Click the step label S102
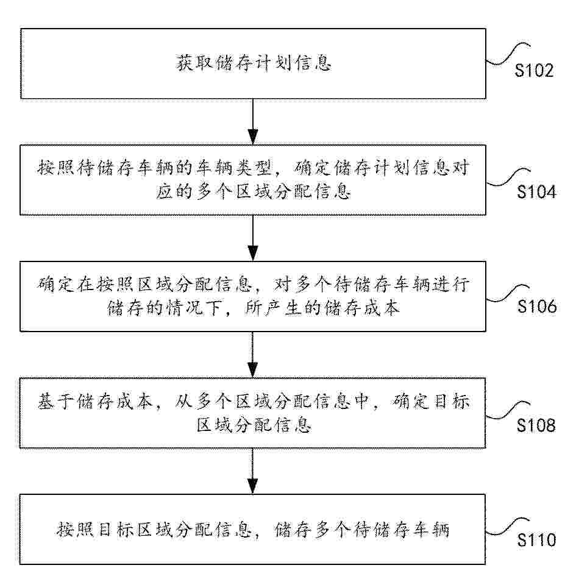click(534, 70)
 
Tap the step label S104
click(536, 192)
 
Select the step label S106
click(536, 307)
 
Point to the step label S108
click(536, 425)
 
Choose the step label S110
click(536, 540)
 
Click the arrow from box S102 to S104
click(252, 121)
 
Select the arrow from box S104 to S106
click(252, 238)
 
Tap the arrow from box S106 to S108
click(252, 355)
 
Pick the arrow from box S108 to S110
click(252, 471)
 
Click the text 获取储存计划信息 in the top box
click(254, 63)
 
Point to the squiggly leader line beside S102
click(508, 54)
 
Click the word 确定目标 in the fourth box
click(430, 402)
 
